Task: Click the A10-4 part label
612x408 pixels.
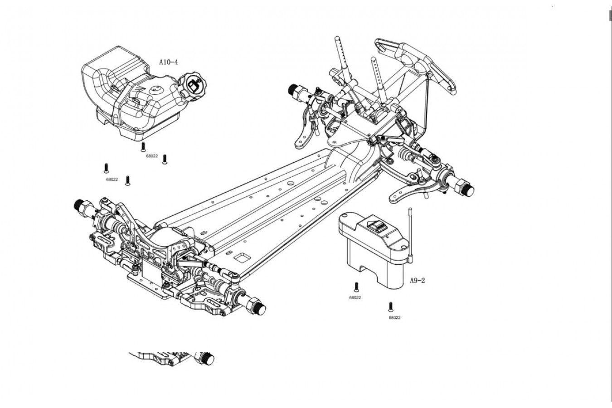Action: (x=168, y=62)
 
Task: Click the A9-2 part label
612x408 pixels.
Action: (x=418, y=280)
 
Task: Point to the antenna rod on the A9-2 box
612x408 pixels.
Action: (x=410, y=235)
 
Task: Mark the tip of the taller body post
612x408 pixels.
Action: (x=337, y=38)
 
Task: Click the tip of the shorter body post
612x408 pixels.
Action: (x=373, y=58)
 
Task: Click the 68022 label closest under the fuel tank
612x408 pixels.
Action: (x=152, y=156)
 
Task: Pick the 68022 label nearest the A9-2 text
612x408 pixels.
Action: (x=355, y=297)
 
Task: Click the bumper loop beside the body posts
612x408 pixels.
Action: (x=416, y=66)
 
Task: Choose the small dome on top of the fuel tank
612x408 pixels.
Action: (x=157, y=90)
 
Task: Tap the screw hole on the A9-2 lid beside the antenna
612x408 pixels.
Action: (x=403, y=247)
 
